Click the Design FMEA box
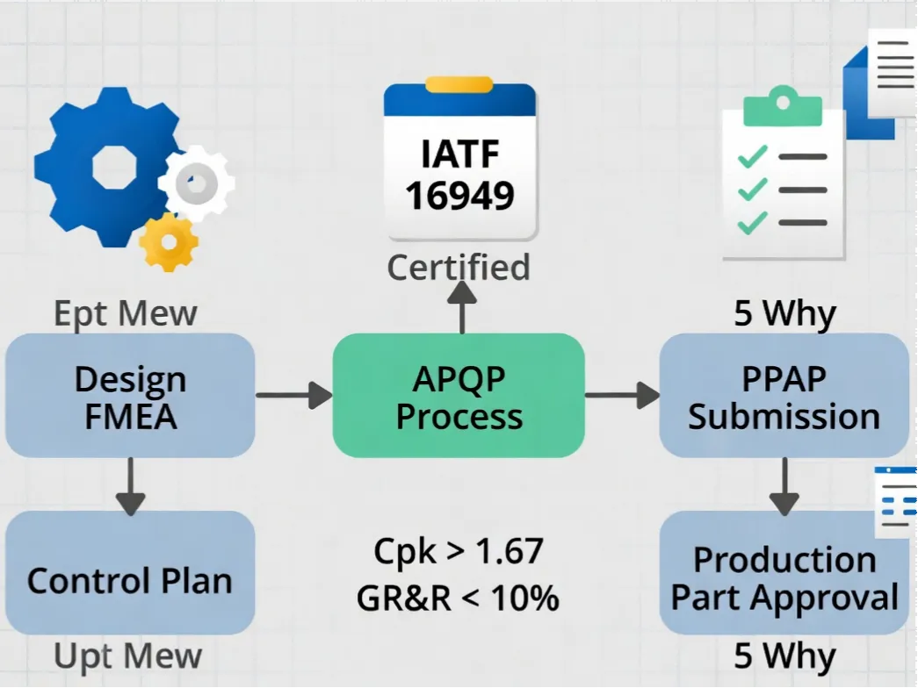[x=130, y=396]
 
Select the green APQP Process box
[x=458, y=396]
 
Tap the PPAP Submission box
[x=784, y=396]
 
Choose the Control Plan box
[x=130, y=580]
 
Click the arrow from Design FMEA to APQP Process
[x=293, y=396]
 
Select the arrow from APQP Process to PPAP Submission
[x=622, y=396]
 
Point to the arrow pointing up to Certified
[x=459, y=308]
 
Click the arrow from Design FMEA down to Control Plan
[x=130, y=485]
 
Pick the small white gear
[x=198, y=183]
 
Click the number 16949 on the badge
[x=459, y=195]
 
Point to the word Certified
[x=459, y=267]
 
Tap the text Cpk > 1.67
[x=459, y=551]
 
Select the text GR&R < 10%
[x=458, y=598]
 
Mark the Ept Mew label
[x=125, y=313]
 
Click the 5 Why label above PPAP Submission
[x=784, y=313]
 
